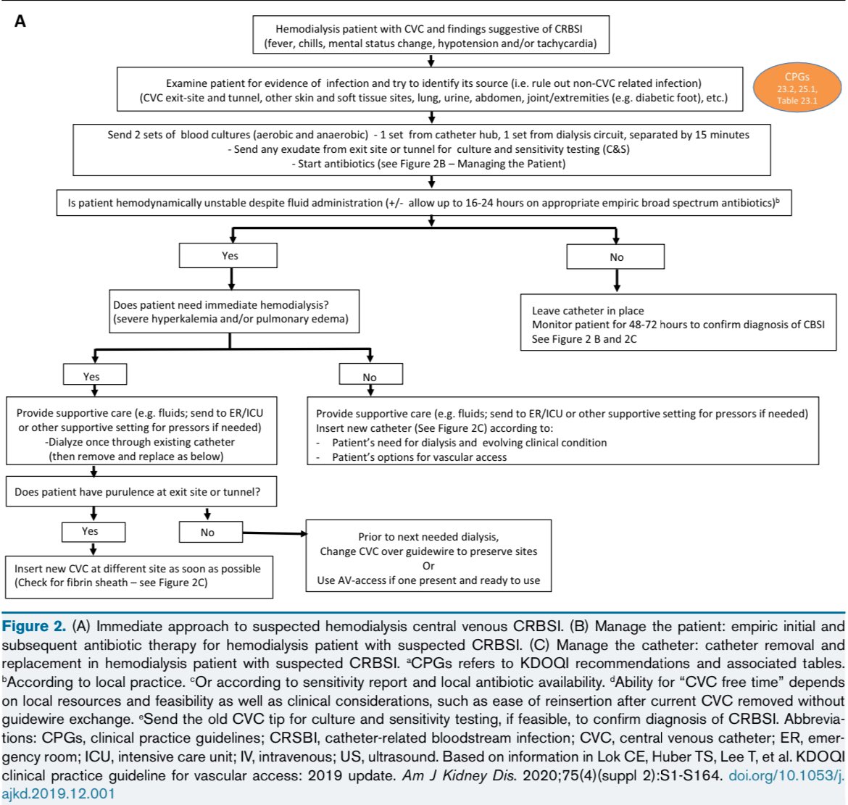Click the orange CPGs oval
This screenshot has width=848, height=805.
[x=797, y=88]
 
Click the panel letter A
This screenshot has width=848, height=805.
[x=20, y=21]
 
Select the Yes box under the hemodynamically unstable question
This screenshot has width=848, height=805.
[x=228, y=256]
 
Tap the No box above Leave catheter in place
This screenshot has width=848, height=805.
[x=615, y=256]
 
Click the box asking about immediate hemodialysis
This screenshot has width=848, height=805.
[x=234, y=312]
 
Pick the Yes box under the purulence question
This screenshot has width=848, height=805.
[x=93, y=531]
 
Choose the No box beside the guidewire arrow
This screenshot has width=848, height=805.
[x=211, y=532]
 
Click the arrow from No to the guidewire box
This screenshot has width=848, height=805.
[x=275, y=533]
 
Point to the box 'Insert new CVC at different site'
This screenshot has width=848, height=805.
[x=139, y=577]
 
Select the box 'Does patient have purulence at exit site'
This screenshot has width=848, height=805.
[x=141, y=491]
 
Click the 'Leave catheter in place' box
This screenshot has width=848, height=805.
[x=678, y=322]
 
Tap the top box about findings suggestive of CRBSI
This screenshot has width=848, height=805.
[x=431, y=35]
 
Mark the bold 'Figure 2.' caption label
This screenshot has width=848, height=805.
[x=33, y=626]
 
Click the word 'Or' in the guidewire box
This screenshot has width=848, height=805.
[x=428, y=565]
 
